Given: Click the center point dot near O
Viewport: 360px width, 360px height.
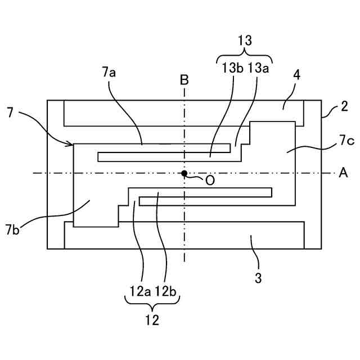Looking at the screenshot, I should (x=184, y=173).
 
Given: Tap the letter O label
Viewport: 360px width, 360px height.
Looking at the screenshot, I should (x=209, y=180).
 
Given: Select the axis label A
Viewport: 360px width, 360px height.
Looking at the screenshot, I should (x=343, y=173).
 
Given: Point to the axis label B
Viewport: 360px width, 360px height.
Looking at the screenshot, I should (x=184, y=80).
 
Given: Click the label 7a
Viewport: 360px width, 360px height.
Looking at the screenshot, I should (x=109, y=71).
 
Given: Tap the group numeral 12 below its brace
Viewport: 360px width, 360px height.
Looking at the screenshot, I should (x=152, y=321).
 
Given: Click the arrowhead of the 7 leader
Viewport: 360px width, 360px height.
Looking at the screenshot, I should (x=71, y=145).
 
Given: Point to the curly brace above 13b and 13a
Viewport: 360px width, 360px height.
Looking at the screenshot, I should (x=245, y=56).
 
